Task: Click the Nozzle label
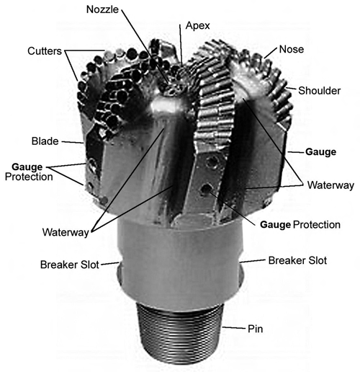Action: pyautogui.click(x=102, y=9)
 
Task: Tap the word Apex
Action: pyautogui.click(x=198, y=26)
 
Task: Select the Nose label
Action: pyautogui.click(x=292, y=49)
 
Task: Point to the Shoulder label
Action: pyautogui.click(x=319, y=91)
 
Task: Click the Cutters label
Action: pyautogui.click(x=45, y=51)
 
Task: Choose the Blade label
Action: pyautogui.click(x=45, y=141)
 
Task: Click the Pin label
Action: pyautogui.click(x=255, y=329)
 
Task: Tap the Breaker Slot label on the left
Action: pyautogui.click(x=70, y=265)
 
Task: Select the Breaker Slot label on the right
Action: pyautogui.click(x=297, y=260)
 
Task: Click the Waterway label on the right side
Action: pyautogui.click(x=330, y=185)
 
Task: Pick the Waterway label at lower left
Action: pyautogui.click(x=66, y=232)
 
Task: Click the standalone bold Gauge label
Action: pyautogui.click(x=320, y=152)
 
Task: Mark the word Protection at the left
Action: pyautogui.click(x=29, y=177)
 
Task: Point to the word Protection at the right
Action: pyautogui.click(x=317, y=225)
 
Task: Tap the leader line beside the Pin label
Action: pyautogui.click(x=234, y=327)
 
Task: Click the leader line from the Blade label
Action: pyautogui.click(x=73, y=142)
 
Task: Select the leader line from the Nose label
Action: pyautogui.click(x=271, y=53)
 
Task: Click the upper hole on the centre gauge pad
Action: pyautogui.click(x=212, y=161)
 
